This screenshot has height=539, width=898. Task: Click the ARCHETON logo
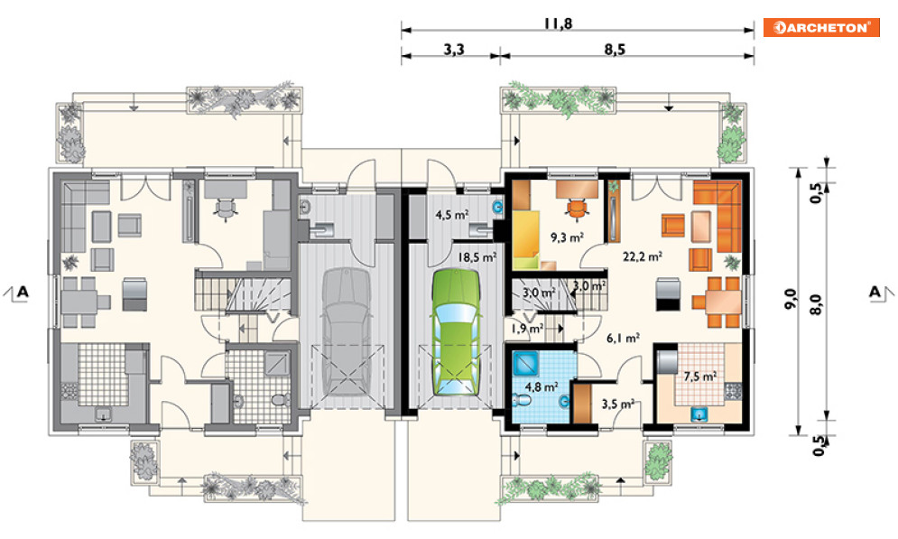coord(821,27)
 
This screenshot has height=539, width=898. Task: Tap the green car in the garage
coord(456,332)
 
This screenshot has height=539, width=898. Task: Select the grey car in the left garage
coord(347,332)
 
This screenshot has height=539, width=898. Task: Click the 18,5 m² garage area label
coord(477,257)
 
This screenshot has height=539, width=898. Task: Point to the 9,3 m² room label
coord(567,237)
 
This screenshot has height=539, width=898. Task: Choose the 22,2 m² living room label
coord(643,256)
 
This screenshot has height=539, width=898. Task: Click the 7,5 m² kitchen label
coord(699,376)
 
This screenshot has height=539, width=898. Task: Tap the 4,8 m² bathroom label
coord(542,387)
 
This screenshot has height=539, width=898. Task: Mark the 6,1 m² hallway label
coord(623,339)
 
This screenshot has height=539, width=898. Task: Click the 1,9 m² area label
coord(527,329)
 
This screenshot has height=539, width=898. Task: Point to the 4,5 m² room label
coord(452,216)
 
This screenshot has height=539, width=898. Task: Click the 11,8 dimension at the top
coord(559,23)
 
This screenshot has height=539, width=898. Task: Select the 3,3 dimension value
coord(454,50)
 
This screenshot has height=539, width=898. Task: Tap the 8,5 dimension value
coord(615,50)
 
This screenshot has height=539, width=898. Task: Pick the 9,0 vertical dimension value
coord(790,299)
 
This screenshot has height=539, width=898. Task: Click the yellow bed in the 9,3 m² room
coord(526,239)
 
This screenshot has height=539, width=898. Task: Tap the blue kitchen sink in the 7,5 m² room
coord(699,413)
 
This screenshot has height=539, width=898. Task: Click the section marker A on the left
coord(23,293)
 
